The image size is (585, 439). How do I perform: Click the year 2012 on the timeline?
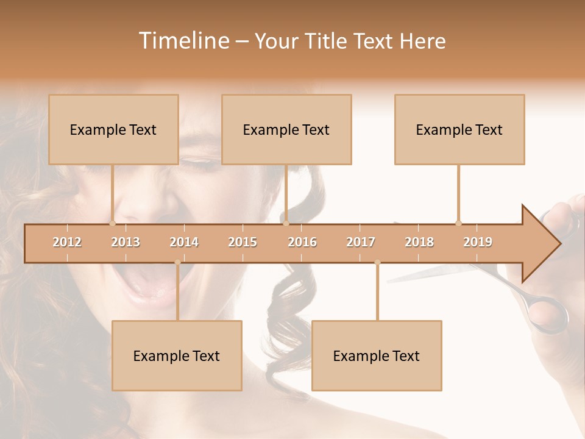pos(67,242)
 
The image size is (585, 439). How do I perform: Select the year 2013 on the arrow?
pos(126,242)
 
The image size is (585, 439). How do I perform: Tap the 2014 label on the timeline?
pos(184,242)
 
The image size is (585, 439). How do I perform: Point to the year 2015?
pos(243,242)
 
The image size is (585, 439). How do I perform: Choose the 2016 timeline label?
pos(302,242)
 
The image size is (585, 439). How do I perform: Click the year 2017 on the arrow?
pos(361,242)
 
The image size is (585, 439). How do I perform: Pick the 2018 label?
pos(419,242)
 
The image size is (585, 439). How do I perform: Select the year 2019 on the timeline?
pos(478,242)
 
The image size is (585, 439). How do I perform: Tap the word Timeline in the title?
pos(183,41)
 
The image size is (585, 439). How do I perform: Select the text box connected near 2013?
pos(113,129)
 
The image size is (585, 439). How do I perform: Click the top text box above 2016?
pos(286,129)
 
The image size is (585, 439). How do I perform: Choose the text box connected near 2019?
pos(459,129)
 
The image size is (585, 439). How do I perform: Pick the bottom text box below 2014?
pos(177,355)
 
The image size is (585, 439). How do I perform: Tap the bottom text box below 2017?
pos(377,355)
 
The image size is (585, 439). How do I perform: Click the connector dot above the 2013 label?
pos(112,223)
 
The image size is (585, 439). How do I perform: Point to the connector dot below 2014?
pos(177,262)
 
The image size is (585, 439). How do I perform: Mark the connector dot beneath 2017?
pos(377,262)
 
